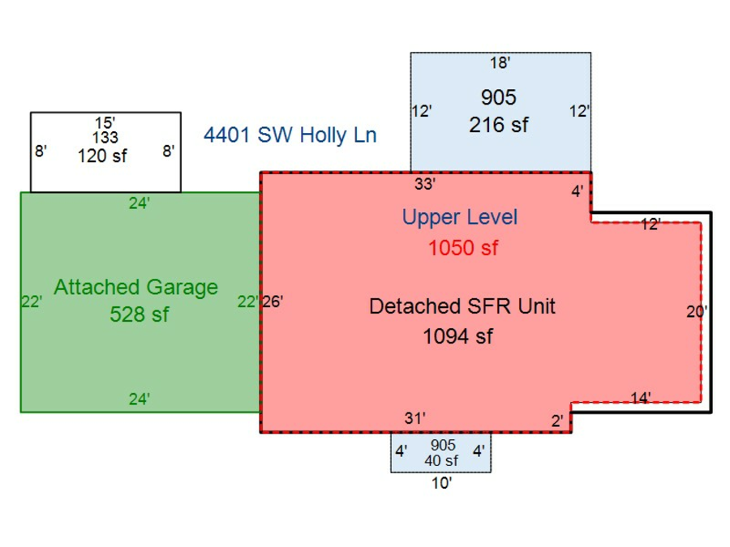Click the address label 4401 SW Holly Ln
pos(290,135)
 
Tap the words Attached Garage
pos(135,287)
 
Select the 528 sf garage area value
pos(139,314)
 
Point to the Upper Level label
pos(459,217)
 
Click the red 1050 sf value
pos(463,248)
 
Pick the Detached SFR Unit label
pos(462,307)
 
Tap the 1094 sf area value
pos(457,335)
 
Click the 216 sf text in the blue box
pos(498,126)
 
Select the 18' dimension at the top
pos(500,63)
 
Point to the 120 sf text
pos(102,156)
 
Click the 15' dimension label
pos(105,123)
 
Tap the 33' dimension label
pos(425,184)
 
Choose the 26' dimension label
pos(273,302)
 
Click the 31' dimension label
pos(415,418)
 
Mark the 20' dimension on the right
pos(697,311)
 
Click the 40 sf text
pos(441,460)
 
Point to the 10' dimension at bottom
pos(441,485)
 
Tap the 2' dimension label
pos(557,421)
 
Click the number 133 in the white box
pos(105,139)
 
